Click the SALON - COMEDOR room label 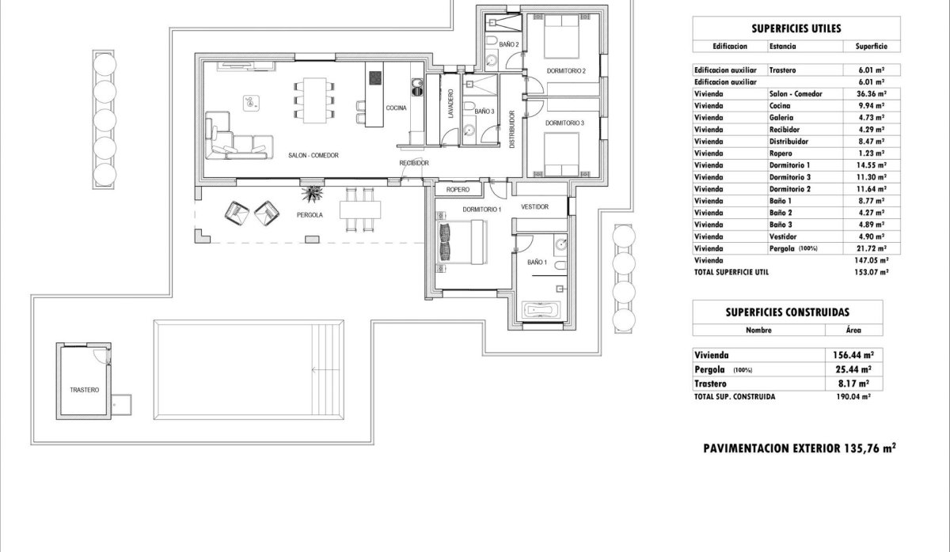[314, 156]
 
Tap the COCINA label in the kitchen [396, 108]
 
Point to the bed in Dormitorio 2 [564, 46]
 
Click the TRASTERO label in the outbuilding [84, 390]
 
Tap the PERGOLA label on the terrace [310, 214]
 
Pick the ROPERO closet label [458, 190]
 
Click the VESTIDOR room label [534, 206]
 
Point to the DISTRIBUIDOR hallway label [512, 129]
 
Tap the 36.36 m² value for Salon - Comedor [870, 94]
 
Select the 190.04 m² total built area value [854, 396]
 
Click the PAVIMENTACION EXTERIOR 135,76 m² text [800, 448]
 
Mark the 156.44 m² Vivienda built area [854, 355]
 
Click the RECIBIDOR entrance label [413, 163]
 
